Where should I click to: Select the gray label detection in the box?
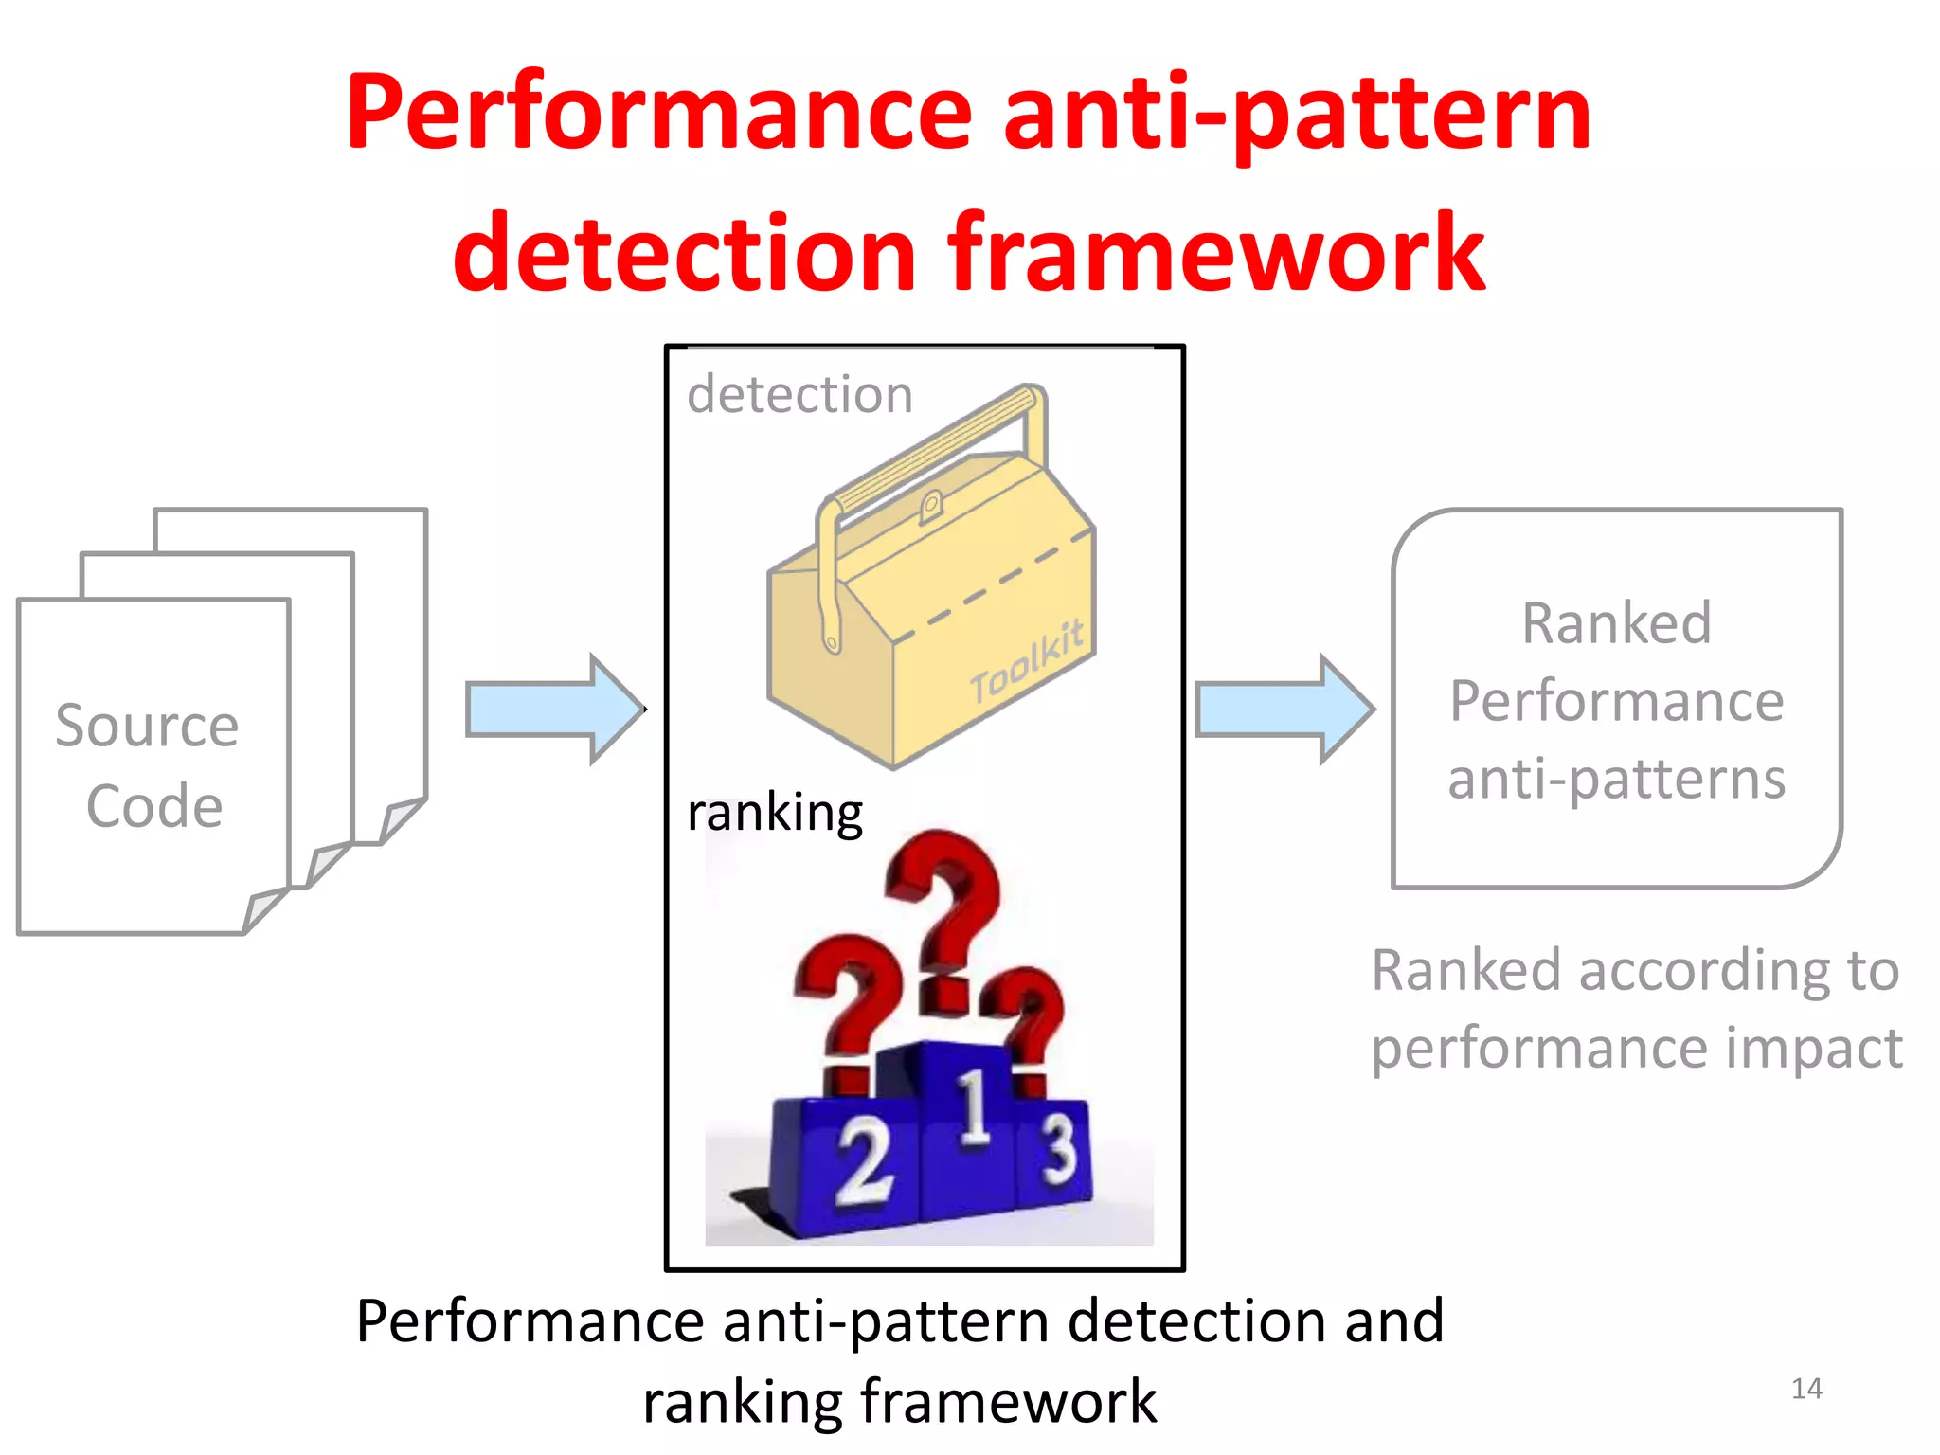799,394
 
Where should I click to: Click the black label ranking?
774,813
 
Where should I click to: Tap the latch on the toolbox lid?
930,507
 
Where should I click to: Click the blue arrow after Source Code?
555,709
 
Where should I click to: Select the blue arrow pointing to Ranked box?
1284,709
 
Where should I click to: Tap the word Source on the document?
147,727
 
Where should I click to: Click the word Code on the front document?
154,806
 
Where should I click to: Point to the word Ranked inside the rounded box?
1616,623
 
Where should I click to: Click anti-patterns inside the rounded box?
1616,779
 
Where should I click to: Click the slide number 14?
1806,1389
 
